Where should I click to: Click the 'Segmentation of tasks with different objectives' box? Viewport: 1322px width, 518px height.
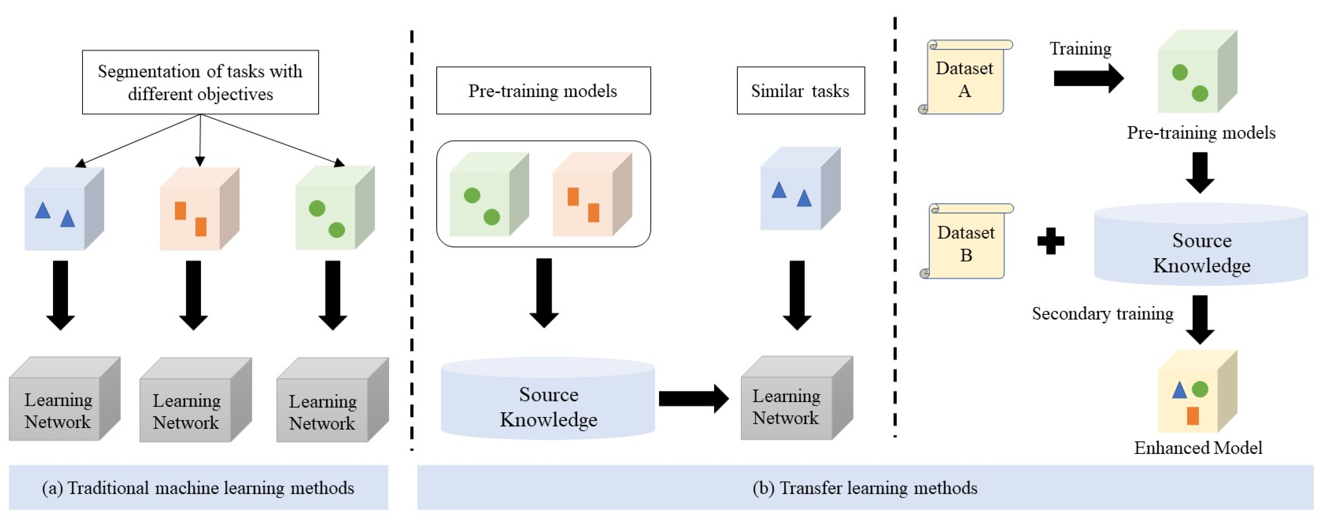point(200,82)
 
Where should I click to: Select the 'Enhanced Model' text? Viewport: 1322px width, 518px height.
point(1197,448)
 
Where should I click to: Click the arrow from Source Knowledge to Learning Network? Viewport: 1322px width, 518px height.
point(693,398)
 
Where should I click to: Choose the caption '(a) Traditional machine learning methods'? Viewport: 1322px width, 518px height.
point(198,487)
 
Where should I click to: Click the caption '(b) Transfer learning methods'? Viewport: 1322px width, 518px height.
point(865,487)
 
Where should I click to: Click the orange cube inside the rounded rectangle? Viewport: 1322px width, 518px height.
point(591,195)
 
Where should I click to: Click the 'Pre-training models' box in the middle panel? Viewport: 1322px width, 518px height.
point(543,91)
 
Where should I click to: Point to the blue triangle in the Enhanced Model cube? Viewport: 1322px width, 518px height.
point(1179,391)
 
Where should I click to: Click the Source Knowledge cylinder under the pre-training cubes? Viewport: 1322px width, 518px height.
point(548,400)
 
